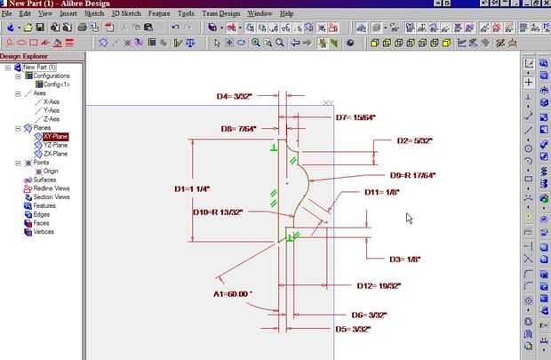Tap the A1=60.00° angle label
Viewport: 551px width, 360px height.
pos(233,292)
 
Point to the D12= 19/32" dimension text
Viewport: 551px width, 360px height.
pos(379,285)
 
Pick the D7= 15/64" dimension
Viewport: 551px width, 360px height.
pos(355,117)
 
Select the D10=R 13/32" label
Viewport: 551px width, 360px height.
pos(218,212)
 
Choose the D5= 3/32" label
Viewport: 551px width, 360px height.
pos(353,329)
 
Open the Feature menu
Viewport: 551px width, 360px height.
pos(160,14)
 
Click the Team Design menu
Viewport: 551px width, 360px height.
pos(220,14)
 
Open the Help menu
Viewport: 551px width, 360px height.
pos(286,14)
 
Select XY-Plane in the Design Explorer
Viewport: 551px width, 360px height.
pos(55,137)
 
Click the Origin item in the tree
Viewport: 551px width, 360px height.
pos(51,172)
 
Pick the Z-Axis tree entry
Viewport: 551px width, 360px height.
pos(52,119)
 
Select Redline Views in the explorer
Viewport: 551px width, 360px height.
pos(51,188)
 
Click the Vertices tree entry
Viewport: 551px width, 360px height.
pos(50,231)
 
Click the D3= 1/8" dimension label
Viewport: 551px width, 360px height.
pos(404,259)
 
